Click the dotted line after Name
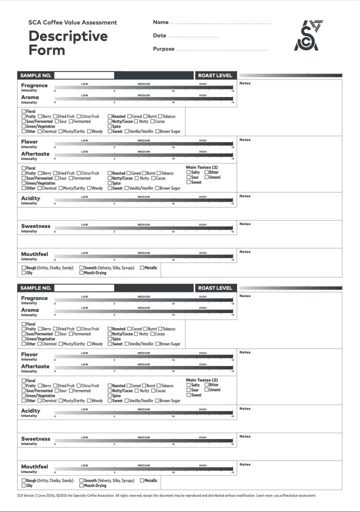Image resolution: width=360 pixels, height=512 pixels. (x=220, y=23)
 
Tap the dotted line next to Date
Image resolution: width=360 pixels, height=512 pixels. (x=193, y=37)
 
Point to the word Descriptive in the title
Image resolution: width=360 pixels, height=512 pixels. (x=68, y=36)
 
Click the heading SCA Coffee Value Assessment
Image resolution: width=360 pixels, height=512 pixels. (x=72, y=22)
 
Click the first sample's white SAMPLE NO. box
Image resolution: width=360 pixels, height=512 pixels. (x=84, y=75)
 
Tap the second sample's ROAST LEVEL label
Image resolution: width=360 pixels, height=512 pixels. (x=215, y=288)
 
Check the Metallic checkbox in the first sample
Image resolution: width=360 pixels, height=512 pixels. (x=142, y=268)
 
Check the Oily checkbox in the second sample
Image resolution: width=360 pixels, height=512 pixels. (x=23, y=485)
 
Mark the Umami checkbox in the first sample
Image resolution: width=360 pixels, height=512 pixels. (x=206, y=177)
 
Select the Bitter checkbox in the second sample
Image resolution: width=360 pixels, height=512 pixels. (x=206, y=385)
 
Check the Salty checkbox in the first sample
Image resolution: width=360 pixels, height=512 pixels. (x=188, y=172)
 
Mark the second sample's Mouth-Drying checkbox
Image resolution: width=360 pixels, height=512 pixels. (x=81, y=485)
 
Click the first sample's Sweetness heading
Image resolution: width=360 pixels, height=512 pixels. (x=35, y=226)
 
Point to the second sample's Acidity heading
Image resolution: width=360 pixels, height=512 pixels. (x=30, y=411)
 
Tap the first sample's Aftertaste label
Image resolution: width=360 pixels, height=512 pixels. (x=35, y=154)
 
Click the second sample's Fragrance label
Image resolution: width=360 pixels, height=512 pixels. (x=34, y=298)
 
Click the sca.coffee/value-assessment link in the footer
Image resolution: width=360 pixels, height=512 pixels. (x=294, y=496)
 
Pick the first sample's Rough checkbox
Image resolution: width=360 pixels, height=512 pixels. (x=23, y=268)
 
